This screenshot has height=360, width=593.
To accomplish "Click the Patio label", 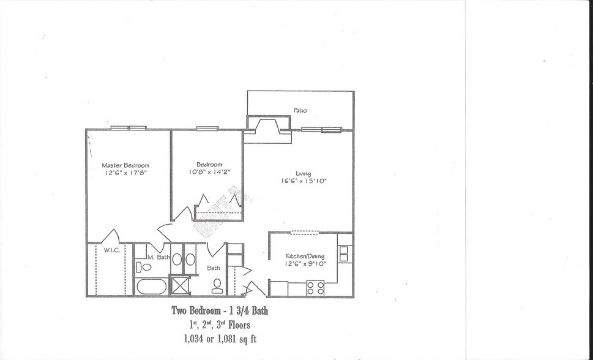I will [x=299, y=111].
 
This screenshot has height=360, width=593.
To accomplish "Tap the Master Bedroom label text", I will [x=125, y=165].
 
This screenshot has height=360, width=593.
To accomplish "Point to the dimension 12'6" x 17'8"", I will [x=125, y=173].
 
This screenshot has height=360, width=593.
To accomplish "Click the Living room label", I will [x=303, y=173].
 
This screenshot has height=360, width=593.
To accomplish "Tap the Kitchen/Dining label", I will [x=305, y=256].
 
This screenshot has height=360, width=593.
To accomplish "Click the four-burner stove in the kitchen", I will [x=315, y=287].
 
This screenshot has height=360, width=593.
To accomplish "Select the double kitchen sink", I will [x=344, y=253].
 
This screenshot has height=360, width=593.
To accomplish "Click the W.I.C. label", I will [x=111, y=250].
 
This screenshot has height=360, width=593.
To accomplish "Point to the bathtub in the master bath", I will [x=151, y=287].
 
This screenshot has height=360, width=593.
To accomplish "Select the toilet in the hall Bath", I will [x=217, y=283].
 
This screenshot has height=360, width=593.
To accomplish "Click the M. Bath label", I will [x=158, y=257].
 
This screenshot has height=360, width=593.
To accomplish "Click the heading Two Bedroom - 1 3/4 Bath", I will [x=220, y=311].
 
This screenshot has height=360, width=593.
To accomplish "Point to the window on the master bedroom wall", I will [x=129, y=128].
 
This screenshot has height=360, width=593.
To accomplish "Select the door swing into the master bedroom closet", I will [x=111, y=236].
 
